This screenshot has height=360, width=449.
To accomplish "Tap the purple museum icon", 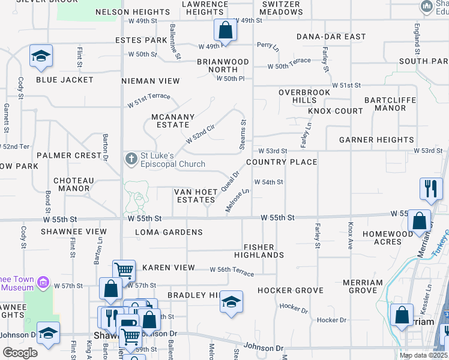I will click(43, 282).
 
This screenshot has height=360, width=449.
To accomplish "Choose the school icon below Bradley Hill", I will click(231, 301).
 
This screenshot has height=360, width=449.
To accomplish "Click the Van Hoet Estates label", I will click(195, 196).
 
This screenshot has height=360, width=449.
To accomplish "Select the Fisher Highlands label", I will click(264, 251).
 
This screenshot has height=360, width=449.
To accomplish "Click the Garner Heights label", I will click(376, 140).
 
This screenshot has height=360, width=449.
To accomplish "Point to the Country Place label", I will click(281, 162).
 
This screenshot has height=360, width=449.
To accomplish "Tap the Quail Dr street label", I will click(230, 181).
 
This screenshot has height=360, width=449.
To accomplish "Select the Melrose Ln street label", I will click(237, 201).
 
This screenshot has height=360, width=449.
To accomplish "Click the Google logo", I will click(20, 353).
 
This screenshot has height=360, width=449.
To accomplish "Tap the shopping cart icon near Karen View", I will click(124, 270).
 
